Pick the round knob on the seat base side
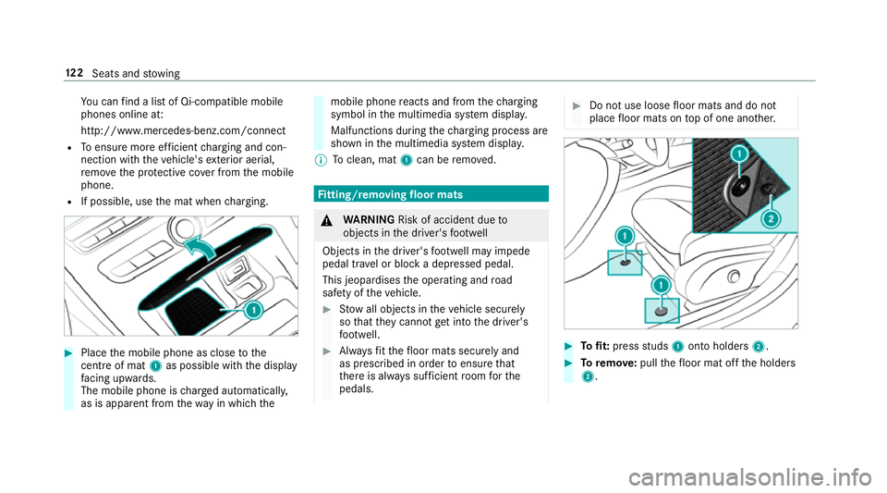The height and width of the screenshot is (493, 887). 734,277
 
